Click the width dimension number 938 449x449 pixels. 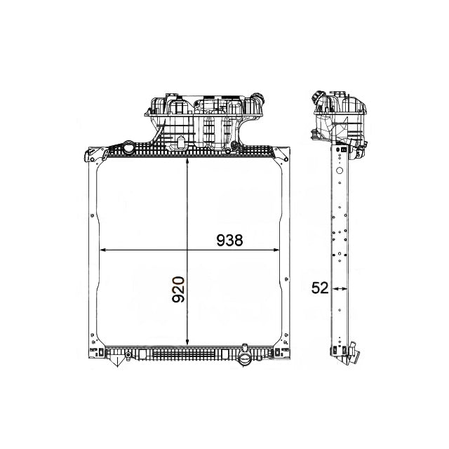(229, 240)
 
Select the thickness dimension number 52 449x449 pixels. (321, 288)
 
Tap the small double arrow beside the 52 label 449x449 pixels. (340, 288)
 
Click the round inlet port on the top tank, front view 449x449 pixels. (130, 149)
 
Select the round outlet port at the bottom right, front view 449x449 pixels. (245, 361)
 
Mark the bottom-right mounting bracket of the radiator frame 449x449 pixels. (284, 350)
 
